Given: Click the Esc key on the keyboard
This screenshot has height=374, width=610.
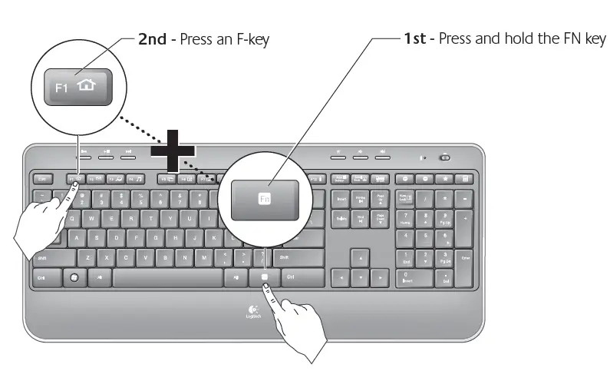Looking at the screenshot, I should (x=43, y=179).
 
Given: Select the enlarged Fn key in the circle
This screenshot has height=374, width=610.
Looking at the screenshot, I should (x=265, y=197).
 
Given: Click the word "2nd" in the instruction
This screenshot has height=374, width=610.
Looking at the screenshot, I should (x=152, y=38).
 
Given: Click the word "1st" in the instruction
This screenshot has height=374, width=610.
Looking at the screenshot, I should (x=415, y=38).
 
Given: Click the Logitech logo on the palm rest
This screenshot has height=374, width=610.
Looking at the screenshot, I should (x=253, y=312).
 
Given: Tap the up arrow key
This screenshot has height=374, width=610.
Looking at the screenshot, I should (x=359, y=257).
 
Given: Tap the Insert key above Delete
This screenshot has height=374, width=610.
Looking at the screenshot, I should (x=341, y=200).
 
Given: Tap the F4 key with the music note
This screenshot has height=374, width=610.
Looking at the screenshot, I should (x=135, y=179).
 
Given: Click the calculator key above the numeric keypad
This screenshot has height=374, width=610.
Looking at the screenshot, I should (x=464, y=179).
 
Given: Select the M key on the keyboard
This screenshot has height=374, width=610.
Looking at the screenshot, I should (x=204, y=257).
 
